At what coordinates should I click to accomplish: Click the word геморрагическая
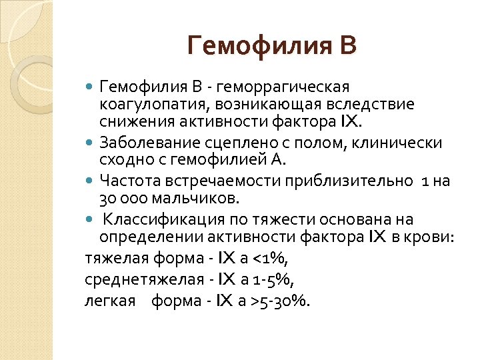[293, 87]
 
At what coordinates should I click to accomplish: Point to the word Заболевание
[143, 143]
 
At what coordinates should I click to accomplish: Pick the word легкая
[107, 300]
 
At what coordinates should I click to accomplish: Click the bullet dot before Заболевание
[91, 143]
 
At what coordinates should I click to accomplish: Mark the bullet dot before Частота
[91, 180]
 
